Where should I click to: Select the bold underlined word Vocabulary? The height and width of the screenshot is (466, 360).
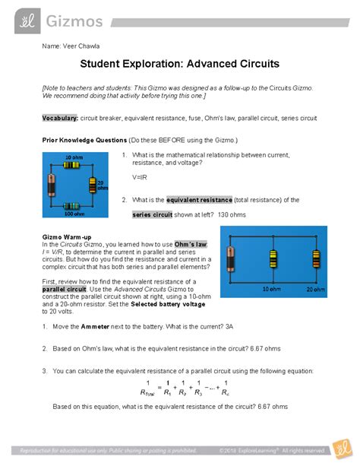(x=60, y=119)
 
